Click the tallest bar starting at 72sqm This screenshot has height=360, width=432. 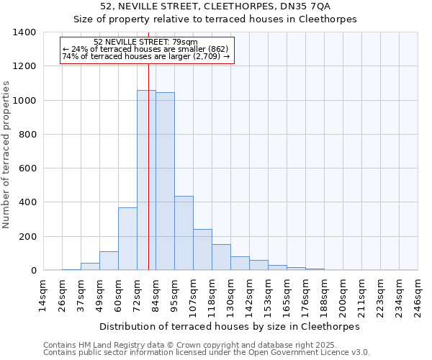146,180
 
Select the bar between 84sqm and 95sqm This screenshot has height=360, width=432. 165,181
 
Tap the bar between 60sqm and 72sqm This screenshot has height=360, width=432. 127,239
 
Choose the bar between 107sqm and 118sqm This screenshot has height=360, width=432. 202,250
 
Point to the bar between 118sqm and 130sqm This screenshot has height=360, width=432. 221,257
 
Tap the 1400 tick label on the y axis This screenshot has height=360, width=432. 24,32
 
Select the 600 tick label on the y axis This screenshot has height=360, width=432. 27,168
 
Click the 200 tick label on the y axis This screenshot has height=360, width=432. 27,237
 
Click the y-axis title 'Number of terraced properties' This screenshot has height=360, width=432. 7,154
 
